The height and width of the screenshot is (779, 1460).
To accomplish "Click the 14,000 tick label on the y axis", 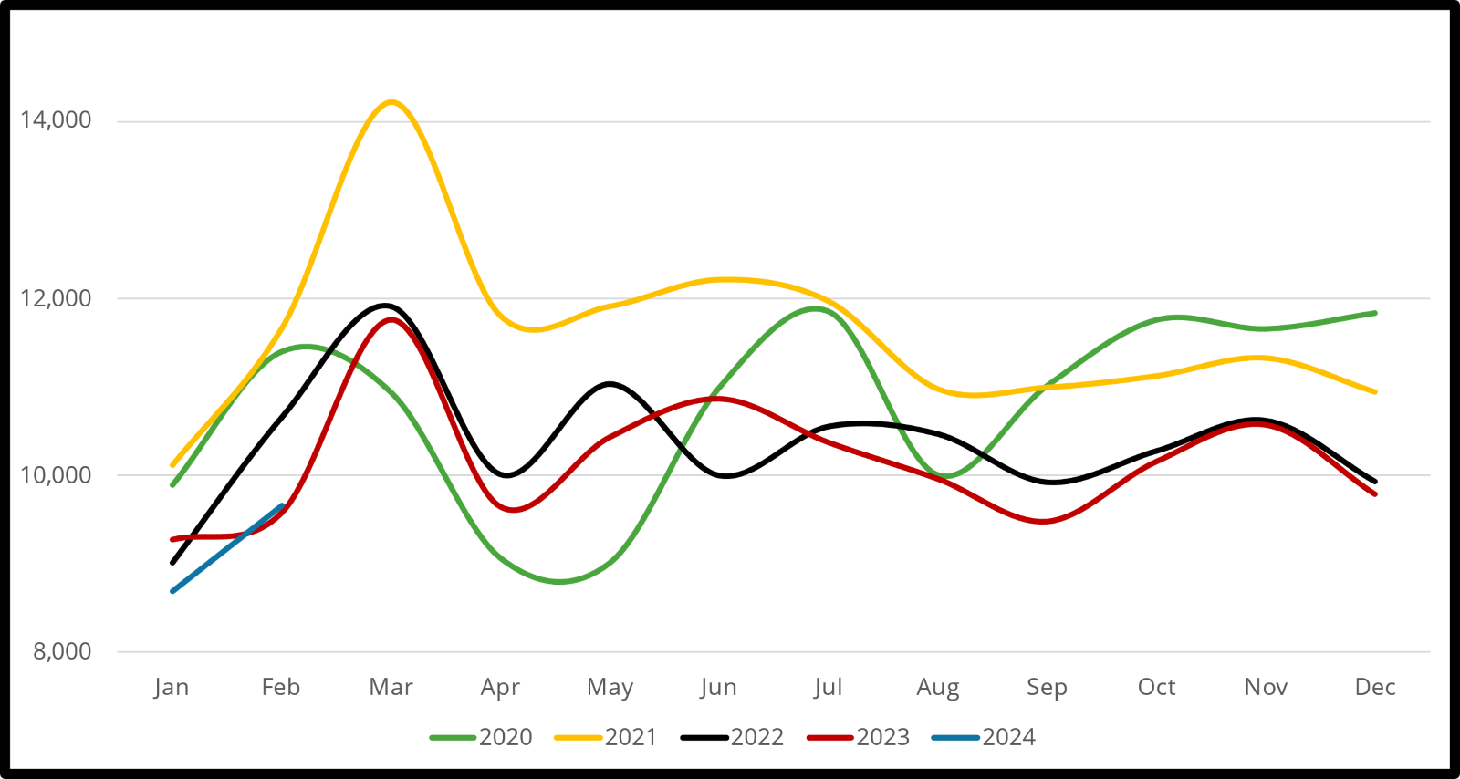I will pos(56,120).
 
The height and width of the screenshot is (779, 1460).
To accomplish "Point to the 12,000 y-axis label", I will pos(56,298).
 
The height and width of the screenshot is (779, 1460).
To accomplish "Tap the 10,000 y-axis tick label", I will pos(56,475).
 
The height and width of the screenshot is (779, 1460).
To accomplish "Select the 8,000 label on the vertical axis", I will pos(62,651).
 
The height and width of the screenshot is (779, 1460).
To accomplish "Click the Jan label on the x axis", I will pos(172,687).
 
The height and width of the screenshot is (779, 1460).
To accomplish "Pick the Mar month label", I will pos(391,687).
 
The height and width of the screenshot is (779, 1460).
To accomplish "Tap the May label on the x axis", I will pos(610,687).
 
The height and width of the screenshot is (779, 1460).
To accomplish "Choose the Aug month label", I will pos(938,687).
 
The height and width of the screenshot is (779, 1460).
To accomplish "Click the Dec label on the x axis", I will pos(1375,687).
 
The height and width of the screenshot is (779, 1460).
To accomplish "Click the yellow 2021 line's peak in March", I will pos(391,101).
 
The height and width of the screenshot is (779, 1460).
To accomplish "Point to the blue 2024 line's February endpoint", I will pos(282,505).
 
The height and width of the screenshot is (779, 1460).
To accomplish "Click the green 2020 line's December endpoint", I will pos(1375,313).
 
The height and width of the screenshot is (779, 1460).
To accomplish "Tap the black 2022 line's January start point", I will pos(172,563).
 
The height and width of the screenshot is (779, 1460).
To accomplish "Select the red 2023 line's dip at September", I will pos(1046,522).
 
